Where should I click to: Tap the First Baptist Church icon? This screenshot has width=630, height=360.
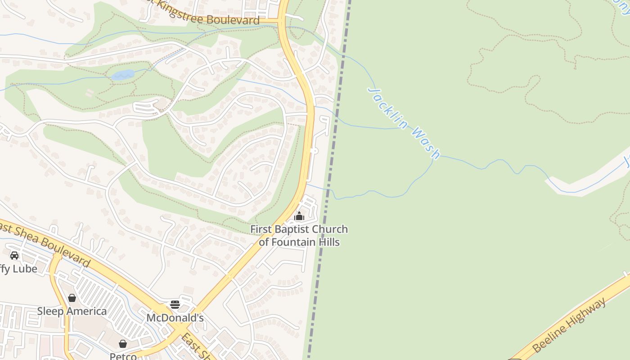tap(299, 216)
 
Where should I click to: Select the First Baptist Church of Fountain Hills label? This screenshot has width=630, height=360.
tap(299, 235)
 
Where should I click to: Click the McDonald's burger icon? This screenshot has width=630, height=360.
tap(175, 304)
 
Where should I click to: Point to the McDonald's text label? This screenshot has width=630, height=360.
tap(175, 318)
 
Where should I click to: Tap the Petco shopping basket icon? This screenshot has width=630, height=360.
tap(122, 344)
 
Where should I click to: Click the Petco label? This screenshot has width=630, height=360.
tap(123, 356)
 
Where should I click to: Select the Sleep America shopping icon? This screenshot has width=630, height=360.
tap(72, 298)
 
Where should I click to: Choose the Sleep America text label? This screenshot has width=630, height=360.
tap(72, 311)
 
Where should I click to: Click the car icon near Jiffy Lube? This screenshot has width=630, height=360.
tap(14, 256)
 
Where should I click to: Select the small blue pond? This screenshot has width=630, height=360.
tap(123, 75)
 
